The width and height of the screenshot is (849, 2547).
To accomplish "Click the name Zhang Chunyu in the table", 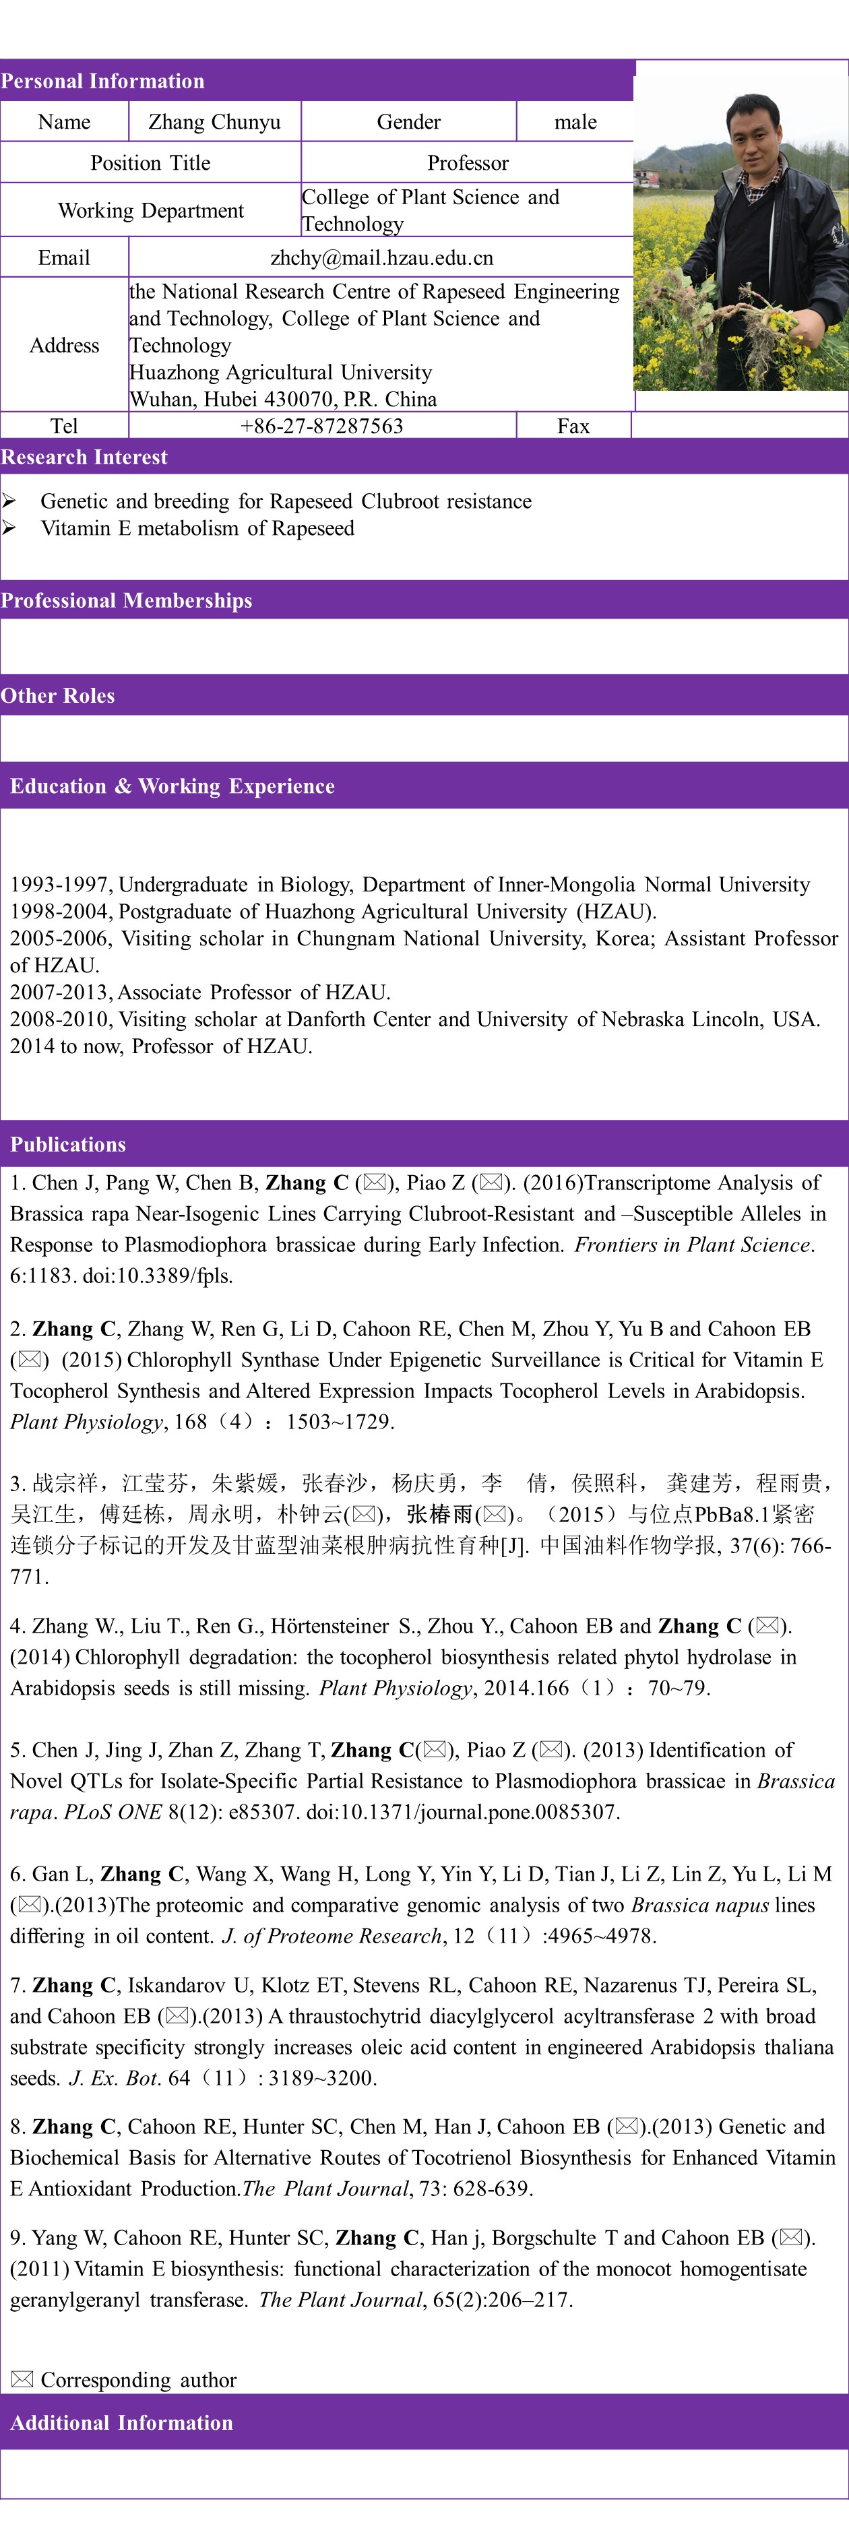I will [214, 121].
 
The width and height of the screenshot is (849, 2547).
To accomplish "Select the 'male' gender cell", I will [575, 121].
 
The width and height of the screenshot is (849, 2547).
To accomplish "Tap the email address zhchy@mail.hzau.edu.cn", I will [381, 258].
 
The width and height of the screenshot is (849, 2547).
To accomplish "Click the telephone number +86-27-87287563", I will [321, 426].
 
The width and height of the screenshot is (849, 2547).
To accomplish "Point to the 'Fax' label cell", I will [573, 426].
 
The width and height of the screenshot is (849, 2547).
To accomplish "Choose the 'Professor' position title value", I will [468, 163].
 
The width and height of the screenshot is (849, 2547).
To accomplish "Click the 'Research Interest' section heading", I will [84, 457].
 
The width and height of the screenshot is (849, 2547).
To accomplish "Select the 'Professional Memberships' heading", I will [127, 600].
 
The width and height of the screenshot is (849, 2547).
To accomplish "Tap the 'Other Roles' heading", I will [57, 695].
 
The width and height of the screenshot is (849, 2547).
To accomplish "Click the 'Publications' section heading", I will [68, 1144].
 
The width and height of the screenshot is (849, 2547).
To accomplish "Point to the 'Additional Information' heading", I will [121, 2422].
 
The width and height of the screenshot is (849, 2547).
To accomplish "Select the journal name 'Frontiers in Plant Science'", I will [692, 1245].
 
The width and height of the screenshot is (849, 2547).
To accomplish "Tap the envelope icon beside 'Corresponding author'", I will [22, 2379].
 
